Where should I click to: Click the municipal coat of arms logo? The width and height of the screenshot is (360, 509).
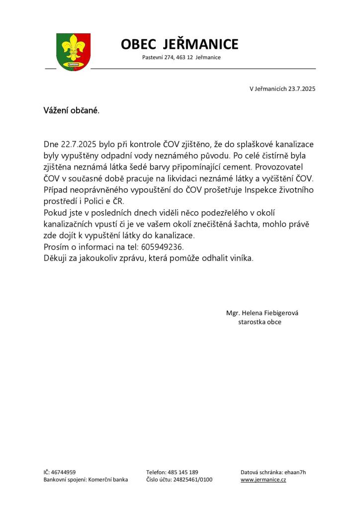tap(73, 51)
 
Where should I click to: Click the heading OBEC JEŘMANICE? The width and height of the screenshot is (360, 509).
tap(180, 44)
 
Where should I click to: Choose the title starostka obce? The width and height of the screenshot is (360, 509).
tap(260, 322)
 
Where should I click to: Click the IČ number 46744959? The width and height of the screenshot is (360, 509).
tap(63, 472)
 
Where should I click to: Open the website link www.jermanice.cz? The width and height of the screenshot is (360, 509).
tap(263, 480)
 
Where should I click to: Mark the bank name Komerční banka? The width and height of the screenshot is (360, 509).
tap(108, 480)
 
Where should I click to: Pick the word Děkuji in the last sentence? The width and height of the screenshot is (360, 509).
tap(57, 258)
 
